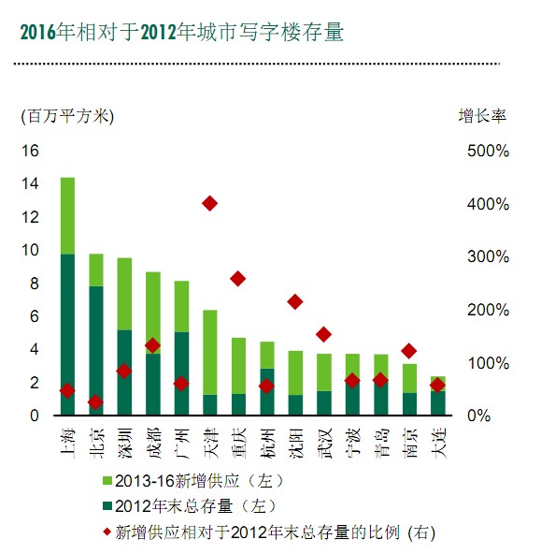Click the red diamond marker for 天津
pos(209,203)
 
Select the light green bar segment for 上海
pos(67,215)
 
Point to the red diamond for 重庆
pos(238,279)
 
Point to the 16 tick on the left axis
pos(30,151)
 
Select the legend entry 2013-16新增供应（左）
pos(191,481)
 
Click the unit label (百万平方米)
pos(67,116)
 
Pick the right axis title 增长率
pos(481,116)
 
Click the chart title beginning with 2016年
pos(182,34)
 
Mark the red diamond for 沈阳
pos(295,301)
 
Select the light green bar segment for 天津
pos(209,352)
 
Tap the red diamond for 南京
pos(408,351)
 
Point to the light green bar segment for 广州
pos(181,306)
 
